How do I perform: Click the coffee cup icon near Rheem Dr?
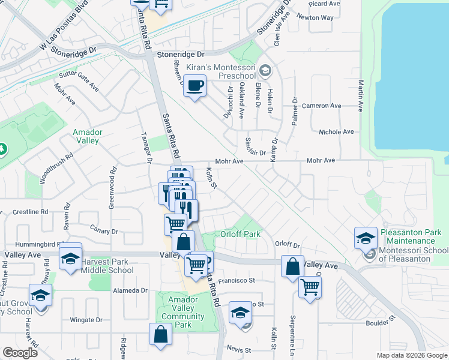[195, 86]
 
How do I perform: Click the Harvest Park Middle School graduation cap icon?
[70, 259]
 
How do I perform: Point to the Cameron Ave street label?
[321, 106]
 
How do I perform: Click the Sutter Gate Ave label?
[79, 81]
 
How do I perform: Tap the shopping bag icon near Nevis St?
[161, 336]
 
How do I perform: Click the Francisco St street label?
[237, 280]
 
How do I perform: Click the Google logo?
[20, 352]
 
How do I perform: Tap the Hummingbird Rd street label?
[28, 245]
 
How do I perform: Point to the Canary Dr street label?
[104, 231]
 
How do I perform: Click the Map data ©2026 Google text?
[411, 355]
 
